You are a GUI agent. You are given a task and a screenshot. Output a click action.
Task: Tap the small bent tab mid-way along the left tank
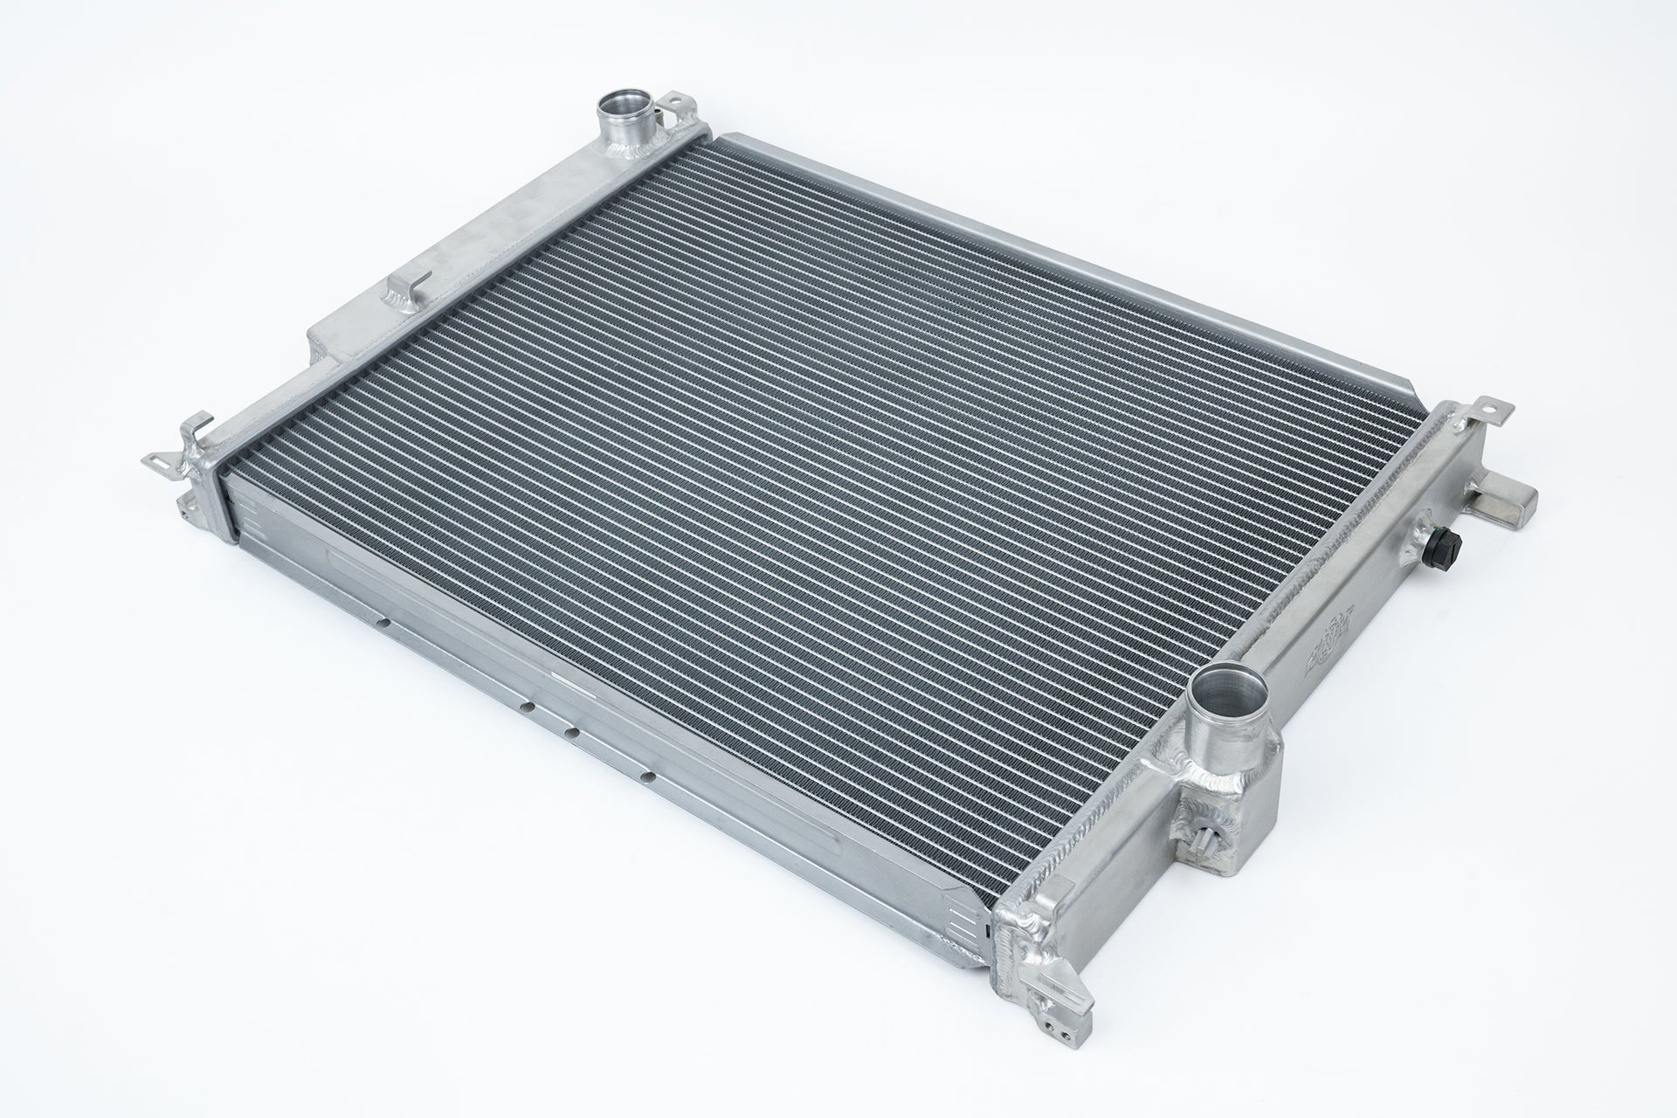pyautogui.click(x=407, y=289)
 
